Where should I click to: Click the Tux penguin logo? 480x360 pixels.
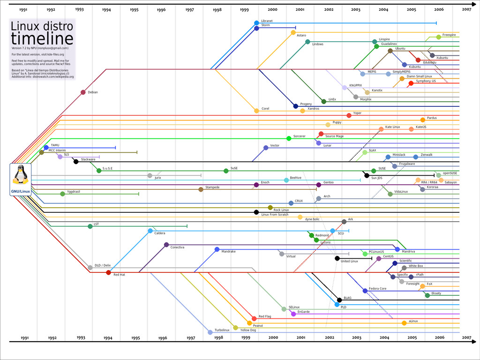(x=21, y=175)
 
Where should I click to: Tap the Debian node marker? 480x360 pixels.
(x=83, y=92)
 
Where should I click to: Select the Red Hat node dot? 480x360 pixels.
(x=108, y=272)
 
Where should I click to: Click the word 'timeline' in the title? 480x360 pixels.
(x=42, y=39)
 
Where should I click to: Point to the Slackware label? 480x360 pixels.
(x=88, y=159)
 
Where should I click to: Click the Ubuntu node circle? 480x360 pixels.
(x=390, y=51)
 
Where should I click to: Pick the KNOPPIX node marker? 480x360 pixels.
(x=345, y=87)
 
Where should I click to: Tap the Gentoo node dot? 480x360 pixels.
(x=319, y=185)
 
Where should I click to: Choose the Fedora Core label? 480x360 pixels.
(x=378, y=289)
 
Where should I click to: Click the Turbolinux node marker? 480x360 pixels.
(x=210, y=332)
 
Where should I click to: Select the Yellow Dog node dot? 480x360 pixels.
(x=236, y=328)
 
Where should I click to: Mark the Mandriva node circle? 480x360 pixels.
(x=397, y=249)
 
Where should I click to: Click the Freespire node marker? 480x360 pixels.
(x=438, y=37)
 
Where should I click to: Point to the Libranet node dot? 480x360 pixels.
(x=256, y=23)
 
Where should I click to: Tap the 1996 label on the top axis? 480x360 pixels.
(x=161, y=9)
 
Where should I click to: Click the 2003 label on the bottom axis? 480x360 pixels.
(x=357, y=337)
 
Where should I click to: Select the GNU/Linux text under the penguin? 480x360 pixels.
(x=21, y=191)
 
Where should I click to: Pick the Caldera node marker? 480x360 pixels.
(x=150, y=231)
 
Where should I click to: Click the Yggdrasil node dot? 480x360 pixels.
(x=62, y=194)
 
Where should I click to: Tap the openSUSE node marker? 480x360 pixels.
(x=438, y=175)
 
